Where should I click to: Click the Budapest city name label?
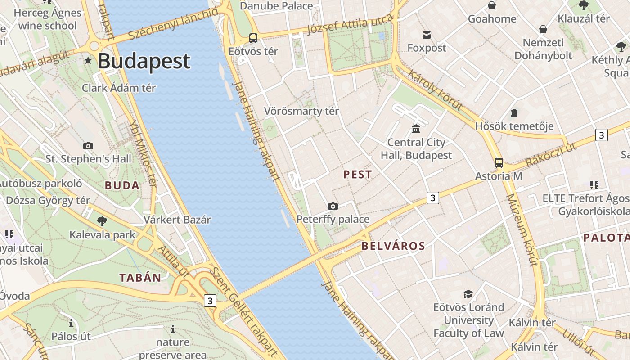(144, 61)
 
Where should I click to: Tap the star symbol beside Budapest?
(88, 60)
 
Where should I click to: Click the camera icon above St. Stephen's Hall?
(88, 146)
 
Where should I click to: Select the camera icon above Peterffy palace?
(333, 206)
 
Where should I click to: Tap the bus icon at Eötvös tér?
(253, 38)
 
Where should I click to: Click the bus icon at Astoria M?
(499, 163)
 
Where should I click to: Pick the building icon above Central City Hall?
(416, 129)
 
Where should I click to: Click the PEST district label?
(358, 175)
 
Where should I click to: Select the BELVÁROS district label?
(393, 246)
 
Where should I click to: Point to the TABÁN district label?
(140, 278)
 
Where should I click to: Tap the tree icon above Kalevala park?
(102, 221)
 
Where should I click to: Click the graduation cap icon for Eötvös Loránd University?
(468, 294)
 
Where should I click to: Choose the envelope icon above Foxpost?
(427, 35)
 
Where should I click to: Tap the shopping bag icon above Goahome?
(492, 5)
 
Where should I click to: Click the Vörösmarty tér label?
(301, 111)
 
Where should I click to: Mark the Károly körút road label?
(435, 89)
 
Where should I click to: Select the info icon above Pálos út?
(71, 323)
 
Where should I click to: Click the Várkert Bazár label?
(177, 220)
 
